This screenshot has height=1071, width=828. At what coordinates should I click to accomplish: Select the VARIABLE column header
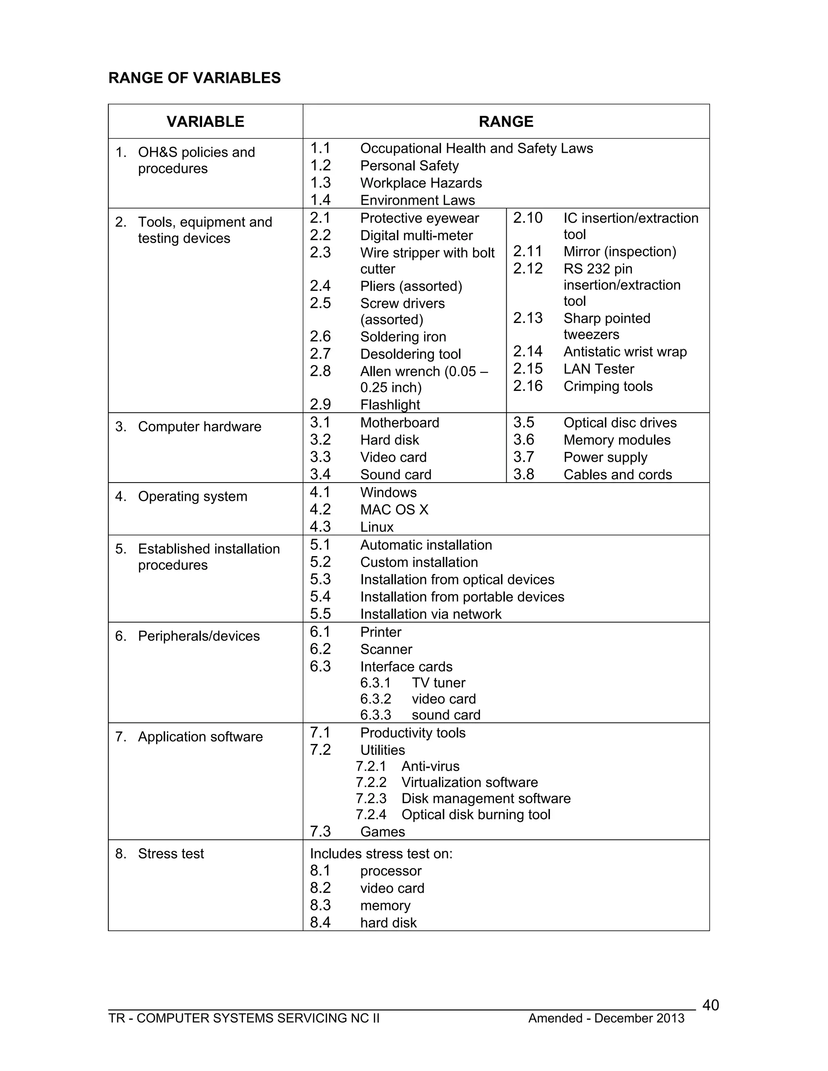point(205,122)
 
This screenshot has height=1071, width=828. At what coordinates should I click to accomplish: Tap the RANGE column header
point(506,122)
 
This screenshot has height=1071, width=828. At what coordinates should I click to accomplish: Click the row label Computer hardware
point(199,427)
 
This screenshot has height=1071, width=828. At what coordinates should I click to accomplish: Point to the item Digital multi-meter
point(416,236)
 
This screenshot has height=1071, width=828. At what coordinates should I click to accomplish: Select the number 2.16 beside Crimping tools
point(528,386)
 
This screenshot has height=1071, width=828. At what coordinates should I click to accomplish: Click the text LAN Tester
point(598,369)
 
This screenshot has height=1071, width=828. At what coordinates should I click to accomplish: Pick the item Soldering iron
point(403,337)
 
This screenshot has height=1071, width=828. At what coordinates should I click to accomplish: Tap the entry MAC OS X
point(394,510)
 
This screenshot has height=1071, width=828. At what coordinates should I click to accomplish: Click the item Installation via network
point(431,614)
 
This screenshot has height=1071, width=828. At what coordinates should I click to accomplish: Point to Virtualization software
point(469,783)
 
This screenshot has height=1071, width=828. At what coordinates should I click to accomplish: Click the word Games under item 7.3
point(382,832)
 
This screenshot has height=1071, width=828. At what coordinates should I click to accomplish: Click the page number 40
point(710,1005)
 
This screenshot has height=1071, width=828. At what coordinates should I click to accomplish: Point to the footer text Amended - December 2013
point(606,1018)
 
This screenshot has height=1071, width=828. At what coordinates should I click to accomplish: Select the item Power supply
point(605,457)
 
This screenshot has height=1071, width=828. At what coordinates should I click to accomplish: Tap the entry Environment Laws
point(417,200)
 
